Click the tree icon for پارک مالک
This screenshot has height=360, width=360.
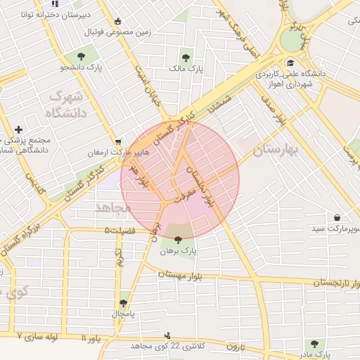coord(186,58)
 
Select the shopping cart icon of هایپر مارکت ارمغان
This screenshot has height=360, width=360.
coord(118,141)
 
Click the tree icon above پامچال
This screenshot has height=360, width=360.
coord(124,302)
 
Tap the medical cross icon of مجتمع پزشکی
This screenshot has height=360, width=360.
coord(18,129)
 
